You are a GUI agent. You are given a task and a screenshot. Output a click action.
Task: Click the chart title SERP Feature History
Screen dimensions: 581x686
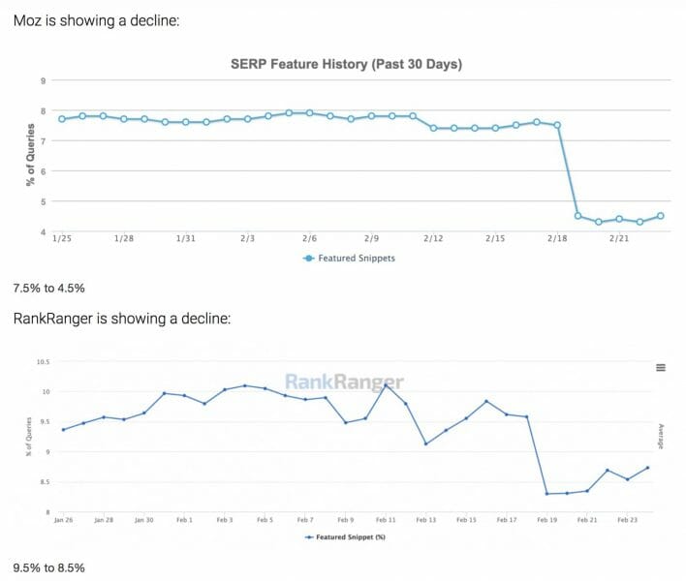[x=345, y=65]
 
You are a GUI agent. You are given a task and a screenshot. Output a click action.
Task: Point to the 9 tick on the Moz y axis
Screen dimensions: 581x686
[x=43, y=81]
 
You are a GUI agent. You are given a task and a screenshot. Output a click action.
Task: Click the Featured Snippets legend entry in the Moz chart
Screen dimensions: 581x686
[x=349, y=259]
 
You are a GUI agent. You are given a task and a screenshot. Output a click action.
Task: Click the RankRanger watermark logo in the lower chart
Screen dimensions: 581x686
[x=344, y=382]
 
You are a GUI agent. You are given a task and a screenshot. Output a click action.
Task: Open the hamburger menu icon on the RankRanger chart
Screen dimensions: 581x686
[x=661, y=367]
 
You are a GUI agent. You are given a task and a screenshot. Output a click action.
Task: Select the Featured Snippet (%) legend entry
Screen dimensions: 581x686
[x=349, y=535]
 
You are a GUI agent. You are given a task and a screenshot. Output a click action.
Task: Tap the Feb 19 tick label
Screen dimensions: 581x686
[x=546, y=520]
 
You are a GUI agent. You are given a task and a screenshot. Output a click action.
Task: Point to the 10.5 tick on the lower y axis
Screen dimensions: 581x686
[x=42, y=361]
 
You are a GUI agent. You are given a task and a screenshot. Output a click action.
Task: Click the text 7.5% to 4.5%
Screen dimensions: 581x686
[x=48, y=288]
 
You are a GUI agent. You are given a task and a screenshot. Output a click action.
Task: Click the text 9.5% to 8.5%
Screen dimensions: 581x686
[x=48, y=566]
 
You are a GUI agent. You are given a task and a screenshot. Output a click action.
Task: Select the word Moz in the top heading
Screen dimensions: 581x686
[x=29, y=20]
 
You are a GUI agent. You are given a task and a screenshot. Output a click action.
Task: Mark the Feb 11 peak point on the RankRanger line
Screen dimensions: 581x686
[x=386, y=385]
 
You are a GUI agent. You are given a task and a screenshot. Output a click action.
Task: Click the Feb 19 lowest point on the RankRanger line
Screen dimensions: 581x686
[x=546, y=494]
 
